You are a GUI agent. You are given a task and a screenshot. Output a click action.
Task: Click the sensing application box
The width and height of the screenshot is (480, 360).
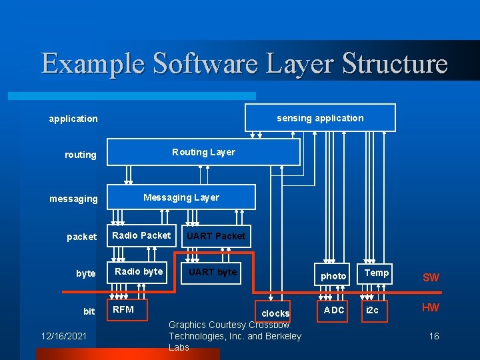(320, 118)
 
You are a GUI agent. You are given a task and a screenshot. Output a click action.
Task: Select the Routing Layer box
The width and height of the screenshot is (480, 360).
(203, 152)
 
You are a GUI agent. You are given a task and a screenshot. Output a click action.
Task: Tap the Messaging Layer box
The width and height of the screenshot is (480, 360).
(181, 197)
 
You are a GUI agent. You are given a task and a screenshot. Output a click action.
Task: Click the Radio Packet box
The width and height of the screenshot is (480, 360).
(141, 235)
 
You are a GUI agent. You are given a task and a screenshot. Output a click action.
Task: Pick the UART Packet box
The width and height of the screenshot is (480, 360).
(215, 236)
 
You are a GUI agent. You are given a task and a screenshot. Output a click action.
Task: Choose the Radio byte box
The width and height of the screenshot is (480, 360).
(138, 271)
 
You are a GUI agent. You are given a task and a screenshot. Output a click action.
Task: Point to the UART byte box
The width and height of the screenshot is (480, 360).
(212, 272)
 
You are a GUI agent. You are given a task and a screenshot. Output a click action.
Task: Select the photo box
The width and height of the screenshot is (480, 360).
(333, 275)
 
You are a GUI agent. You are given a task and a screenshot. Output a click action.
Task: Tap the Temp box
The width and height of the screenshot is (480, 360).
(377, 273)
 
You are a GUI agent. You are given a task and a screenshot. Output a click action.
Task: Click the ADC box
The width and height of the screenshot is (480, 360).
(334, 310)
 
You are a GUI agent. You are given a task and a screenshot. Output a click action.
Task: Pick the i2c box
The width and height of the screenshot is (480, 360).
(373, 311)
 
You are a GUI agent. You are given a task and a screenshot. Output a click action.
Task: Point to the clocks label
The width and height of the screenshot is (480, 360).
(275, 313)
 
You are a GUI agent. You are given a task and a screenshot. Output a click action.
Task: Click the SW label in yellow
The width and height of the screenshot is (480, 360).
(431, 277)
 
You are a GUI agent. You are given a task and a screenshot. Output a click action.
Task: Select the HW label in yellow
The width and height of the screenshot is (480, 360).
(431, 308)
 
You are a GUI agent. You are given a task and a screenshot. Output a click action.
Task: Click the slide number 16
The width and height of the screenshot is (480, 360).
(434, 337)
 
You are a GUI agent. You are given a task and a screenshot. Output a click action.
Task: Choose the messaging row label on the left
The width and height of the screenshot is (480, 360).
(73, 199)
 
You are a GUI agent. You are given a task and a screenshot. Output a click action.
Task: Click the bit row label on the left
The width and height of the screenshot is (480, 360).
(89, 311)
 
